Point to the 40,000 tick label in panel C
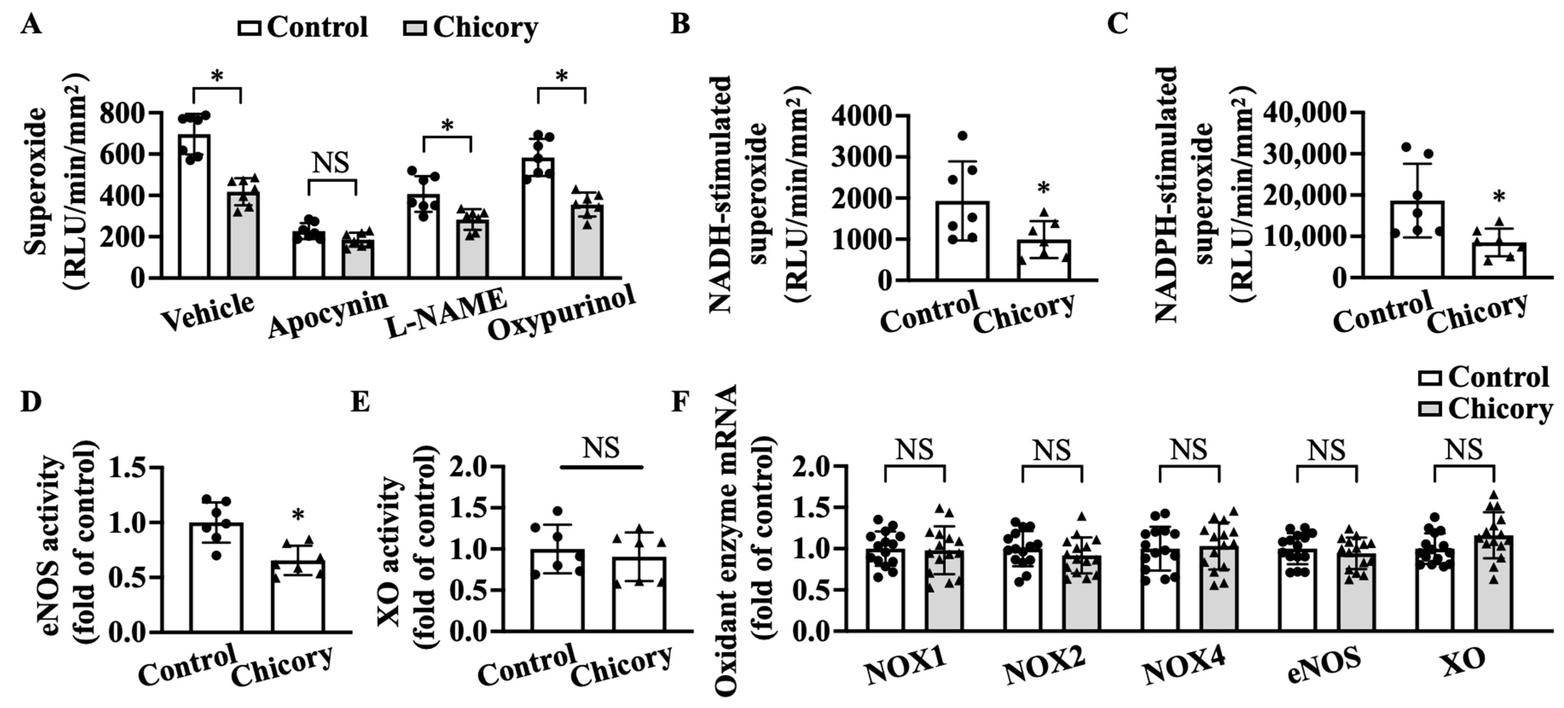point(1305,113)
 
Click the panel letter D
point(30,402)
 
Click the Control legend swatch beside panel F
point(1430,379)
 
